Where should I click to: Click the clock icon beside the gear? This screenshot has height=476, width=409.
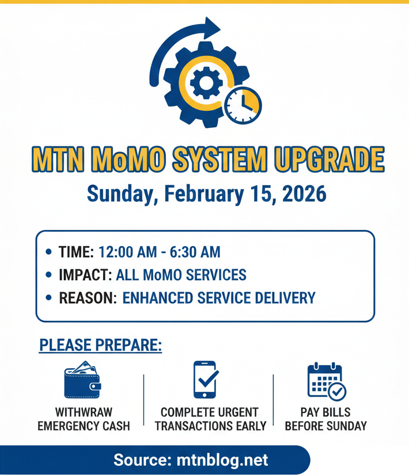click(x=243, y=105)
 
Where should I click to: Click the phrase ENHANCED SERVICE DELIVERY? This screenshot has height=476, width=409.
click(x=219, y=298)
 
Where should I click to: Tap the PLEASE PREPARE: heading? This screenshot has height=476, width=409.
click(x=100, y=346)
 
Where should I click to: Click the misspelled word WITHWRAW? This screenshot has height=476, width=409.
click(x=84, y=413)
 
